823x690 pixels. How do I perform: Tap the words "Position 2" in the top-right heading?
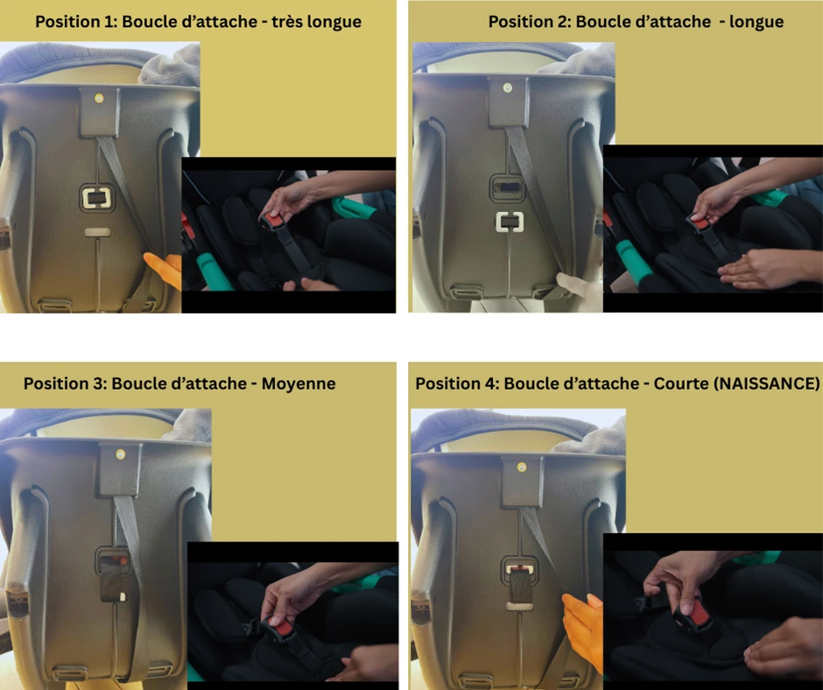pos(529,22)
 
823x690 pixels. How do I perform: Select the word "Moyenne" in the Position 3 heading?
pos(299,384)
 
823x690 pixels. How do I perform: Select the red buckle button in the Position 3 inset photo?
pos(284,626)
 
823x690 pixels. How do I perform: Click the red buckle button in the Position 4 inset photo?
pos(700,613)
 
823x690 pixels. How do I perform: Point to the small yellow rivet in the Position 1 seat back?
pos(99,98)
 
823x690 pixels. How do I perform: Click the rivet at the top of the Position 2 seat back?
pos(507,88)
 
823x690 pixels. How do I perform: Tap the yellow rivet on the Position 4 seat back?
pos(521,467)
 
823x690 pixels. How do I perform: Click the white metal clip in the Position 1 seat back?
pos(96,198)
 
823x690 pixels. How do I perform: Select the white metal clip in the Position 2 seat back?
pos(510,222)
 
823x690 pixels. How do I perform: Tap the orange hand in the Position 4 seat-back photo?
pos(583,630)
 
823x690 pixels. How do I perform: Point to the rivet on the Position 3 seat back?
pos(120,454)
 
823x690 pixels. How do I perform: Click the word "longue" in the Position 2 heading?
pos(756,22)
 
